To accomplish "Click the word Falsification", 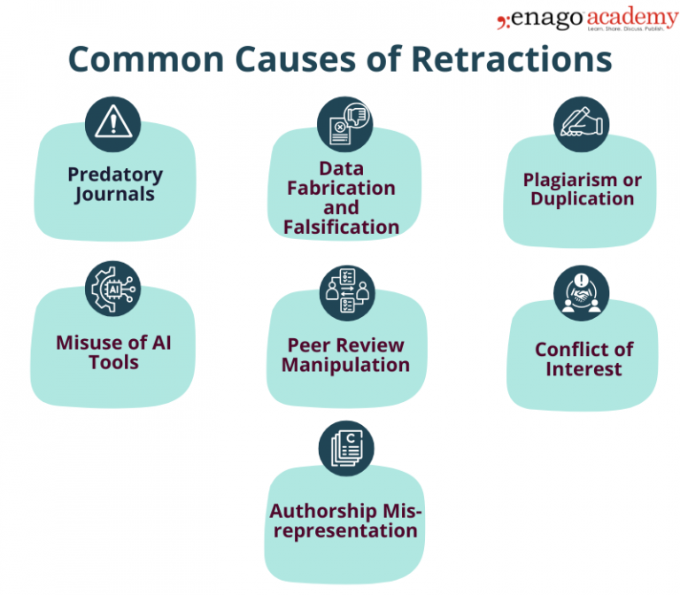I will click(x=341, y=227).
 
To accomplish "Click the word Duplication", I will click(x=582, y=198).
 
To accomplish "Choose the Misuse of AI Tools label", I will click(x=113, y=352).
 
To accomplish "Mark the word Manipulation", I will click(x=345, y=364).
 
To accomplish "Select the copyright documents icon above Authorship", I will click(x=345, y=448).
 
